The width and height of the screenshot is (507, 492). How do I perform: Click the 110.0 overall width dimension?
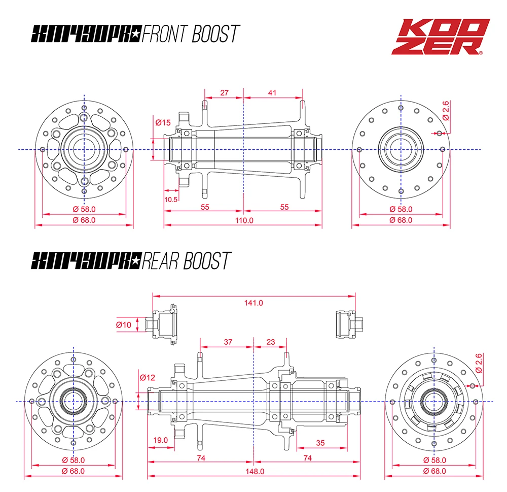[x=244, y=220]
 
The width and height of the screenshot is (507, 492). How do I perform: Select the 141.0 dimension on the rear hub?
[x=253, y=303]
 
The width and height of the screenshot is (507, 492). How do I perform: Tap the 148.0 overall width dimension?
[x=253, y=471]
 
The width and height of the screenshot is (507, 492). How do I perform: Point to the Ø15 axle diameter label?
[x=163, y=122]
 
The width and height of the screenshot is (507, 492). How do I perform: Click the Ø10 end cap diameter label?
[x=123, y=324]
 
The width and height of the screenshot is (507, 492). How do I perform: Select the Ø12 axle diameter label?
[x=147, y=377]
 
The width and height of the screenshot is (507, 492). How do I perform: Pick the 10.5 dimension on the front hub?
[x=171, y=199]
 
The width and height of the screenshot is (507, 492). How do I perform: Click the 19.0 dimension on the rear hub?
[x=160, y=440]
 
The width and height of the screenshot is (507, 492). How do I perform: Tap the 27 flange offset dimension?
[x=225, y=93]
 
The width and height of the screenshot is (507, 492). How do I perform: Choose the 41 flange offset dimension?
[x=272, y=93]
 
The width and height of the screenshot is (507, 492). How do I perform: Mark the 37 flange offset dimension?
[x=228, y=342]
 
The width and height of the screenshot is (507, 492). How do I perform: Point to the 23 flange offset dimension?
[x=270, y=342]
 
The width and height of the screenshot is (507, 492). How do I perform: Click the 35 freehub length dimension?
[x=320, y=443]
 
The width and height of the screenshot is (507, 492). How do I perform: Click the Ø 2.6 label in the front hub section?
[x=446, y=110]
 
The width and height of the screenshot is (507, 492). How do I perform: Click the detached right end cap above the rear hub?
[x=348, y=323]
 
